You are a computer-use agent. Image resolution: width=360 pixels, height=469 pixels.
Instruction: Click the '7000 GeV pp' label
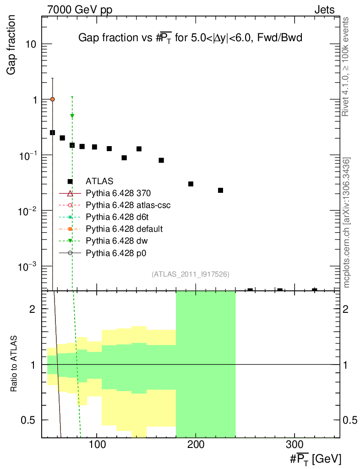point(80,10)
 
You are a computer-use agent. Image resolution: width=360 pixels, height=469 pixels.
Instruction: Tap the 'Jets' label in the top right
point(324,10)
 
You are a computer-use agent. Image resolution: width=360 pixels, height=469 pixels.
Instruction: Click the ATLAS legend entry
point(99,181)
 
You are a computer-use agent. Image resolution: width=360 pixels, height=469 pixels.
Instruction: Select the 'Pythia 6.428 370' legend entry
point(118,193)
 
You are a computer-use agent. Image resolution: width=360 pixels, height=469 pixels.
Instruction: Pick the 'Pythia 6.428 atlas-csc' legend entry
point(128,205)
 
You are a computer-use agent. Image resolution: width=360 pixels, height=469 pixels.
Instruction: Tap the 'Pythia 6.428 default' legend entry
point(124,229)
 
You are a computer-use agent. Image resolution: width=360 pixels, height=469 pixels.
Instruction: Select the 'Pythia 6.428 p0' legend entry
point(116,252)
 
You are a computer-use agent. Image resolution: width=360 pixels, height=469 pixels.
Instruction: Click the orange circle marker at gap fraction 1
point(53,99)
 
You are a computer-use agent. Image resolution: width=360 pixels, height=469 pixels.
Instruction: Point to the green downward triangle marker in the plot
point(72,116)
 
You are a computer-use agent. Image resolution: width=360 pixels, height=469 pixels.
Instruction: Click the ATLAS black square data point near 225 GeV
point(220,190)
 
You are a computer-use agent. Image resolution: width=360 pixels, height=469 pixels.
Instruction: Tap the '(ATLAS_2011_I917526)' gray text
point(190,274)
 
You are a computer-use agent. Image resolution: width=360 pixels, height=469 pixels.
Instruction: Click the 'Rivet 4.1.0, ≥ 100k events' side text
point(346,67)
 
